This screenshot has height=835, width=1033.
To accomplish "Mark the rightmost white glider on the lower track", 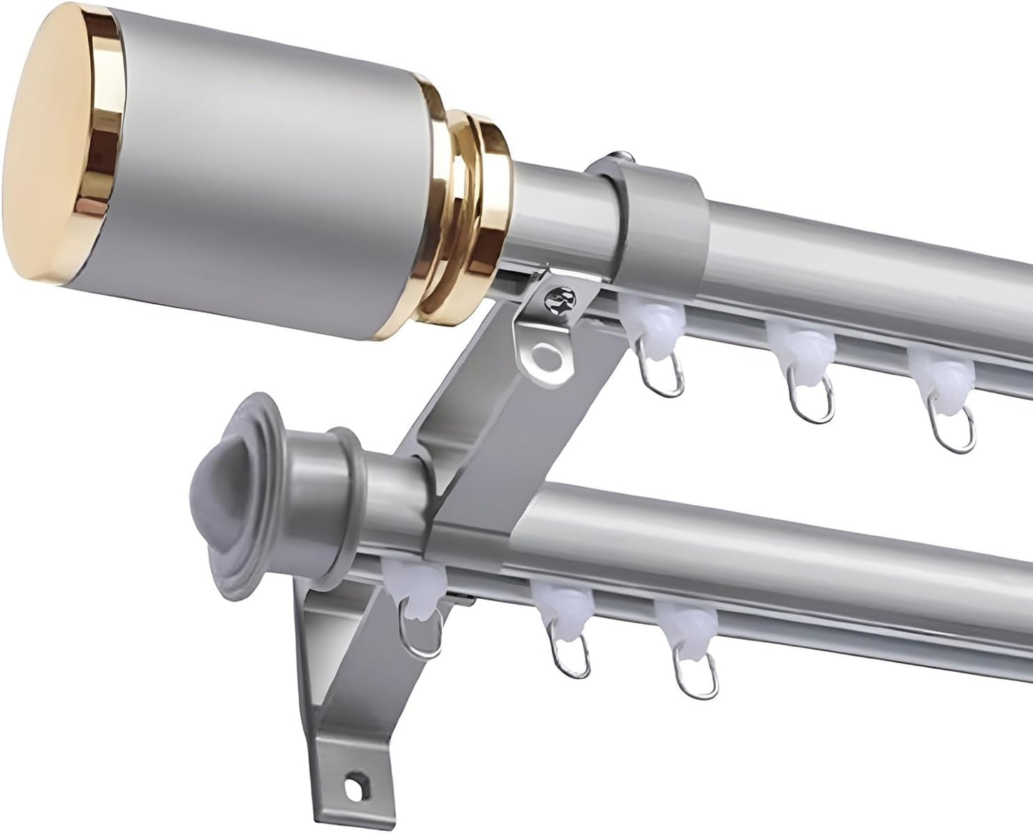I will (x=683, y=622).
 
